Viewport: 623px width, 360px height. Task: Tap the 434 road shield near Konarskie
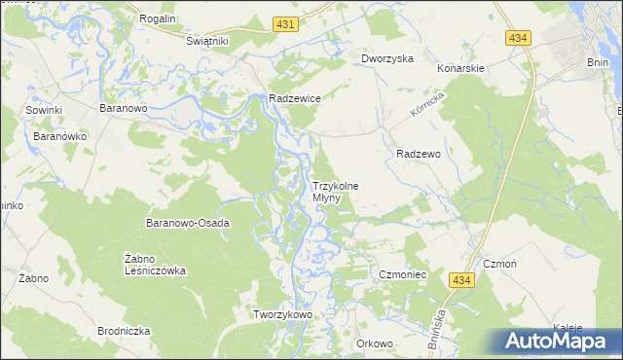tap(518, 37)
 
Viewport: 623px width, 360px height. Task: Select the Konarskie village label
tap(460, 69)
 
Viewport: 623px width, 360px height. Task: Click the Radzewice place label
tap(295, 98)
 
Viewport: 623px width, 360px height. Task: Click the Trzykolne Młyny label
tap(335, 192)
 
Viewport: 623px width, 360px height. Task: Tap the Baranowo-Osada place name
tap(187, 223)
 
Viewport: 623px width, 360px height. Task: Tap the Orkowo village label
tap(374, 342)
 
